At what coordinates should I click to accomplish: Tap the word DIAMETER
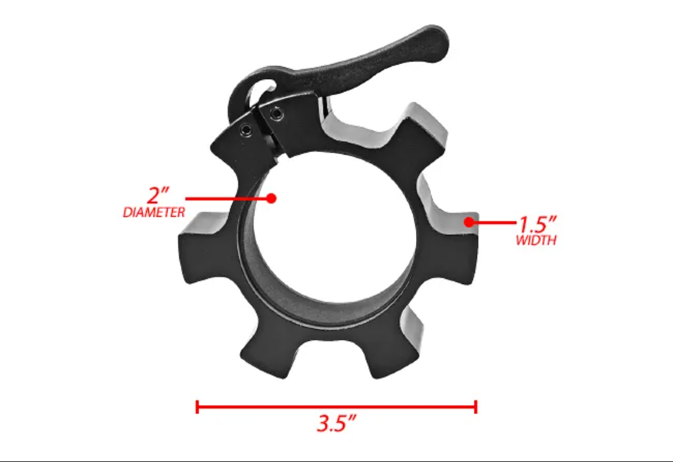point(154,212)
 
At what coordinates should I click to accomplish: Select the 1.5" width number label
point(536,225)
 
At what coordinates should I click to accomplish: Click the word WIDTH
point(536,241)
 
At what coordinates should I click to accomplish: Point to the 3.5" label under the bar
point(336,424)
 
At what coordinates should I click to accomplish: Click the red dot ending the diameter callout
point(272,198)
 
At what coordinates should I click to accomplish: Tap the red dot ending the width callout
point(469,223)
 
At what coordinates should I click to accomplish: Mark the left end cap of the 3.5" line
point(197,407)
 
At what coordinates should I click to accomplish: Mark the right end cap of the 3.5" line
point(476,407)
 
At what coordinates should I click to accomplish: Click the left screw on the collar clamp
point(247,131)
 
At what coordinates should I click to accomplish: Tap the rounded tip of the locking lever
point(437,40)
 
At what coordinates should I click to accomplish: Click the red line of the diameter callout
point(226,198)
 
